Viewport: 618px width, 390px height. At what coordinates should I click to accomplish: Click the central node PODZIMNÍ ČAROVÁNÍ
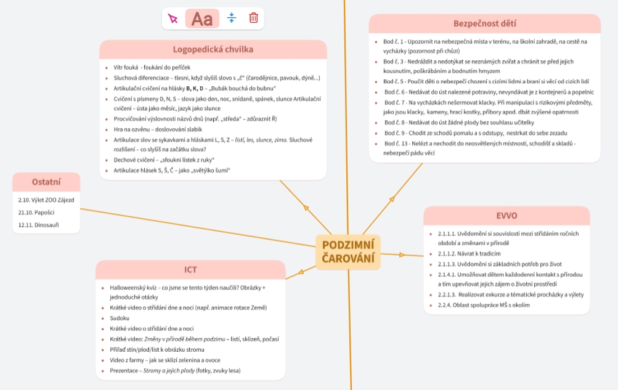(348, 252)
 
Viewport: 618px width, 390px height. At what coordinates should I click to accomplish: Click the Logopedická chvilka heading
(213, 49)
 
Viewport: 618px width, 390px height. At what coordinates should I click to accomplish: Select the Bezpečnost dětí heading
(484, 23)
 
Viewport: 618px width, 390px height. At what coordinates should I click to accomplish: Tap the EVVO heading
(506, 216)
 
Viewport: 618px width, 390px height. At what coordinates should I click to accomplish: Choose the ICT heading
(190, 270)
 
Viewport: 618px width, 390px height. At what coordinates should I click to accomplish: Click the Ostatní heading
(46, 182)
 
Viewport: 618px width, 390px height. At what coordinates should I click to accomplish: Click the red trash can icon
(253, 18)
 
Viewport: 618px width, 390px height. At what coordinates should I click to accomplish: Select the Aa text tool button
(202, 18)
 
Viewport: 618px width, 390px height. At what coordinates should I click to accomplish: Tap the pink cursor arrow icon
(173, 18)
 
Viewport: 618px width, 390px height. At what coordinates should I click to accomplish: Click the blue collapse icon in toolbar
(232, 18)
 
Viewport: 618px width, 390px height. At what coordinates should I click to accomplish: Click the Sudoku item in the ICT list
(120, 318)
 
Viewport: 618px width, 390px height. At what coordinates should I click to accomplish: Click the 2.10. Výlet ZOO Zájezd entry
(46, 200)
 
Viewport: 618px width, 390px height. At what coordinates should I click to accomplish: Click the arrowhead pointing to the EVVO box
(402, 254)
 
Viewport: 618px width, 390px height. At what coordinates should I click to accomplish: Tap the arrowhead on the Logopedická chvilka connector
(306, 208)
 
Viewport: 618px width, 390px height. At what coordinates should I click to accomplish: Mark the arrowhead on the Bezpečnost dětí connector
(392, 198)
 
